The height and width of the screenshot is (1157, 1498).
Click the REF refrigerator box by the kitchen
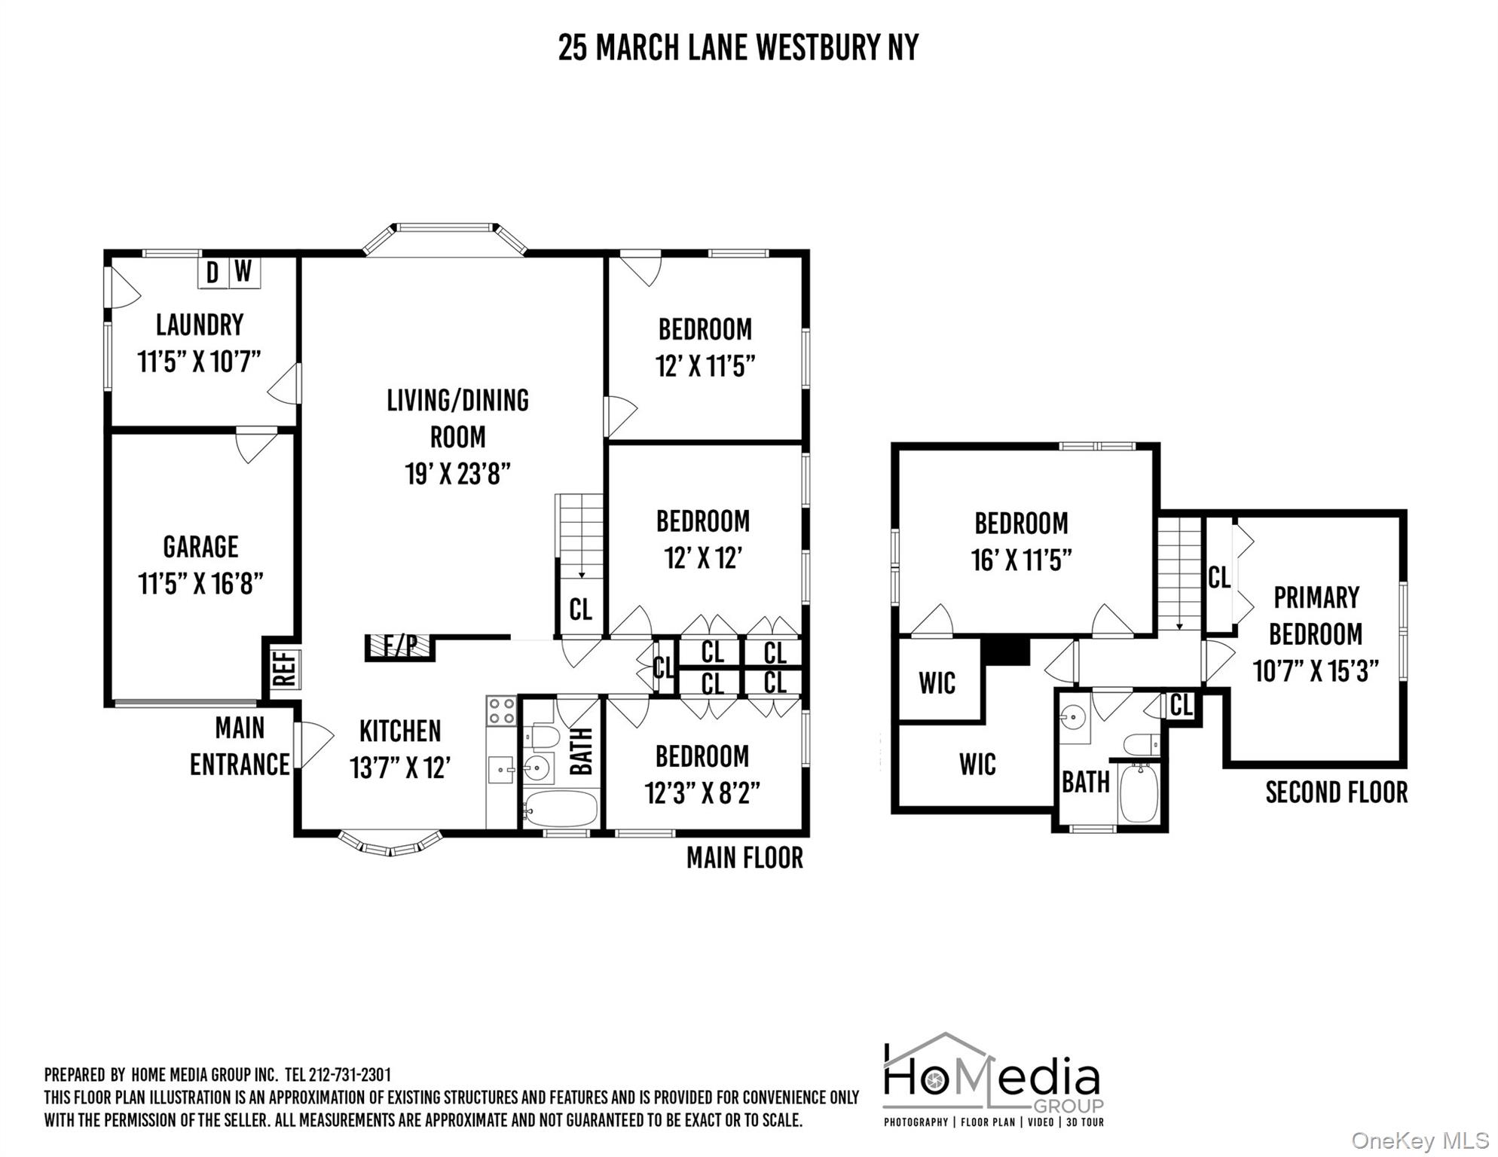[x=283, y=668]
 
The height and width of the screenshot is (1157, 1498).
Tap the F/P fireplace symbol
[x=400, y=646]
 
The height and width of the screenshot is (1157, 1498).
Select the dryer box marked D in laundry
[x=213, y=273]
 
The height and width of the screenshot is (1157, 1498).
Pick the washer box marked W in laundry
[x=243, y=273]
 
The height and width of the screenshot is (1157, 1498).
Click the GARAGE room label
[x=200, y=547]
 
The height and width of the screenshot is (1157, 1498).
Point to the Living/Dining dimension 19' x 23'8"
[x=457, y=474]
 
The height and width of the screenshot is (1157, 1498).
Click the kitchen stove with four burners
[x=501, y=710]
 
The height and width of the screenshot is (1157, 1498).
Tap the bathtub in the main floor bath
[x=560, y=808]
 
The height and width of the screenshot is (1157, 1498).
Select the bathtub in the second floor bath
[x=1139, y=793]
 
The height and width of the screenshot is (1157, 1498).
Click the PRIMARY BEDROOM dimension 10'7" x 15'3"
[x=1315, y=670]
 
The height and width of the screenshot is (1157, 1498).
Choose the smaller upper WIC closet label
[x=937, y=683]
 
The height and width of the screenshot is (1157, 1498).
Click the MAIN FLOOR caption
[x=744, y=858]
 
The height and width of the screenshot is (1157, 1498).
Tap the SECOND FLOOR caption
[x=1336, y=792]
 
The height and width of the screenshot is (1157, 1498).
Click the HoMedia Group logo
[x=993, y=1079]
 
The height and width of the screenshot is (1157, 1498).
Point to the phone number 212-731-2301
[x=350, y=1075]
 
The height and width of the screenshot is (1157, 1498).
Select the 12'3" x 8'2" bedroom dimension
[x=702, y=793]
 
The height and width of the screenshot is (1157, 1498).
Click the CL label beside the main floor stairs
[x=580, y=609]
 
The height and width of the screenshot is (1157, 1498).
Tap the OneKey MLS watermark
[x=1420, y=1141]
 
